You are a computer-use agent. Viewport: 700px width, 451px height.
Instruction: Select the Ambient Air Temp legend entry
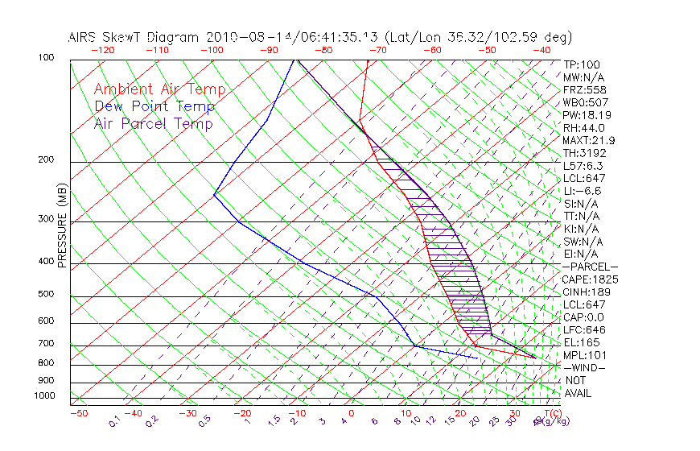pos(159,90)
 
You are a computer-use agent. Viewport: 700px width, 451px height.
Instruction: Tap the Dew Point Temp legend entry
pos(154,107)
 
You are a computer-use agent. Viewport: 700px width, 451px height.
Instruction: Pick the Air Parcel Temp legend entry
pos(153,124)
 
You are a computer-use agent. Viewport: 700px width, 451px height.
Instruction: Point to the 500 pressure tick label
pos(45,295)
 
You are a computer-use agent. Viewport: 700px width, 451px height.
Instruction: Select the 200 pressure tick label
pos(45,160)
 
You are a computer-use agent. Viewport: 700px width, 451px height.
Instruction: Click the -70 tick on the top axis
pos(377,50)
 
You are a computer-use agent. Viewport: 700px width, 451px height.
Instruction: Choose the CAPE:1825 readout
pos(590,279)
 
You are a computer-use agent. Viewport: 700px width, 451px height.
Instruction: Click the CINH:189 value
pos(587,292)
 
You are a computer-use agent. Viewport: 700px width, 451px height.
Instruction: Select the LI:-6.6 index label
pos(582,191)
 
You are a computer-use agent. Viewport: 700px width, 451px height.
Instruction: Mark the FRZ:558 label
pos(583,90)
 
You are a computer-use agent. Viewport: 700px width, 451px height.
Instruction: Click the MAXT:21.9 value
pos(588,141)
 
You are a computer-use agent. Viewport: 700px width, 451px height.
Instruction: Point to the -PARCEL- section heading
pos(590,267)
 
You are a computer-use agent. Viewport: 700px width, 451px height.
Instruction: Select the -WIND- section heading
pos(583,368)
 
